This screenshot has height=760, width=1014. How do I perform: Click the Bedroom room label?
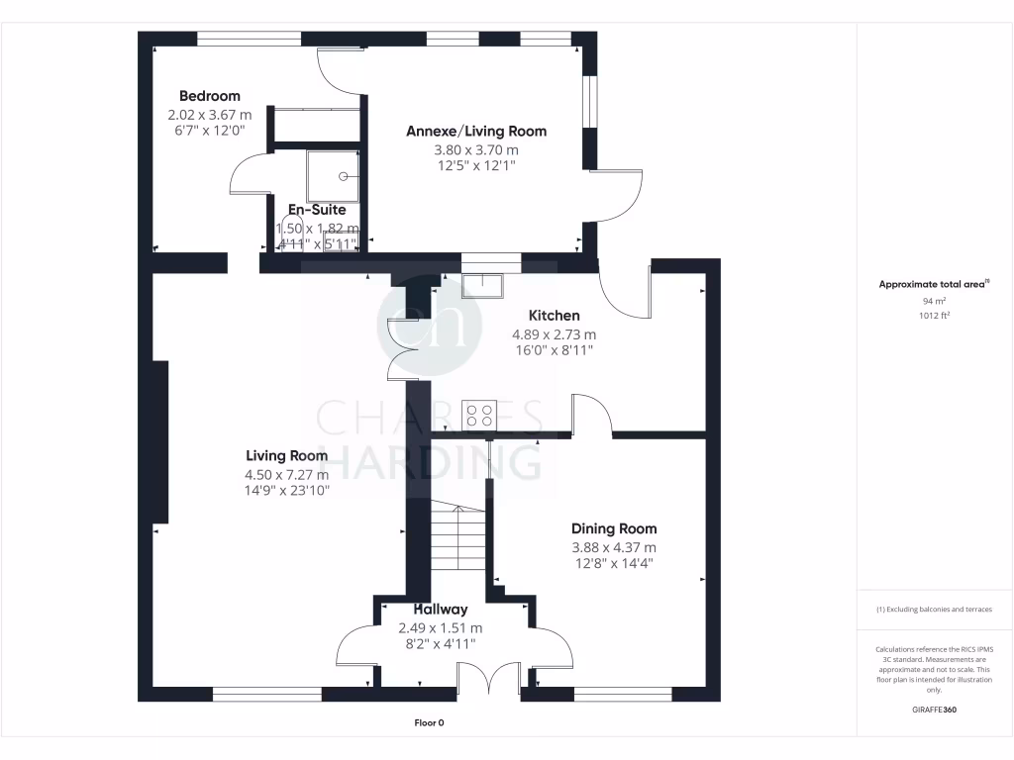(209, 96)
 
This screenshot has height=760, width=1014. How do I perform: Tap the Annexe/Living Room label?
(476, 131)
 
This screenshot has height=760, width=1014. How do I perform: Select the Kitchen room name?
(554, 316)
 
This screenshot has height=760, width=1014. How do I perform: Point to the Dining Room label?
(614, 528)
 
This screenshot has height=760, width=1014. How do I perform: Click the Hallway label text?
(440, 610)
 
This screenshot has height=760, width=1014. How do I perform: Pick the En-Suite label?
(317, 210)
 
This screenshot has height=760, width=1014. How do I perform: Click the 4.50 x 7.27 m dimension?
(287, 474)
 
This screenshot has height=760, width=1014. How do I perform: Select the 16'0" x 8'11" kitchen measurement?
(554, 349)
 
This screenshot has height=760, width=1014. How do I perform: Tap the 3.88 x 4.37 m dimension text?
(614, 547)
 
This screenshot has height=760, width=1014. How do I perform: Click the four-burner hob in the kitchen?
(480, 415)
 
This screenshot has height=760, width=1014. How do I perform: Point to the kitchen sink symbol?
(482, 284)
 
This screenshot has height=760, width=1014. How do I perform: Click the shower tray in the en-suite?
(334, 175)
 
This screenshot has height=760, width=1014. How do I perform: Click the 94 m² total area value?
(935, 301)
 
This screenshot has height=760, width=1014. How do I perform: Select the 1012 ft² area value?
(935, 316)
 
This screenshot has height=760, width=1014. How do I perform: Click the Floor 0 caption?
(429, 723)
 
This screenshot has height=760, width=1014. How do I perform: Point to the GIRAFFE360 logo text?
(935, 710)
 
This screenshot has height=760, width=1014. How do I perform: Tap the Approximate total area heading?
(934, 284)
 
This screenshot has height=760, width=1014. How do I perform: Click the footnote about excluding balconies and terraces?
(934, 610)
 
